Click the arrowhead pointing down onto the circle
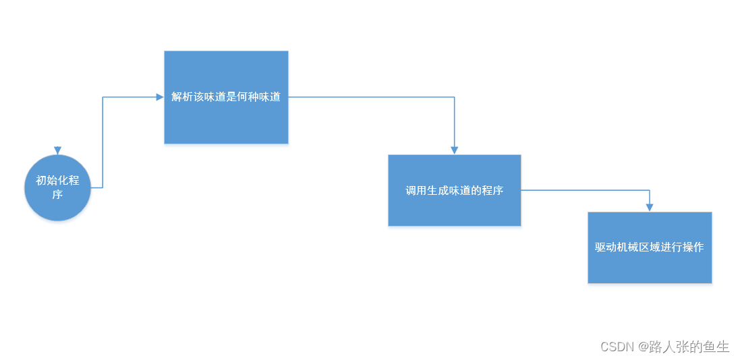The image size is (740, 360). coord(57,150)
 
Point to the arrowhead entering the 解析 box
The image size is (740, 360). coord(160,97)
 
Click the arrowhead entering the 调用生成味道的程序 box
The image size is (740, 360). coord(454,150)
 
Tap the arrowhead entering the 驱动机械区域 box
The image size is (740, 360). coord(649,208)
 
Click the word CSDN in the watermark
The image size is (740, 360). coord(615,347)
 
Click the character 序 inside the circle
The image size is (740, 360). coord(57,195)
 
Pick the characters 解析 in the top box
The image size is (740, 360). coord(182,97)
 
